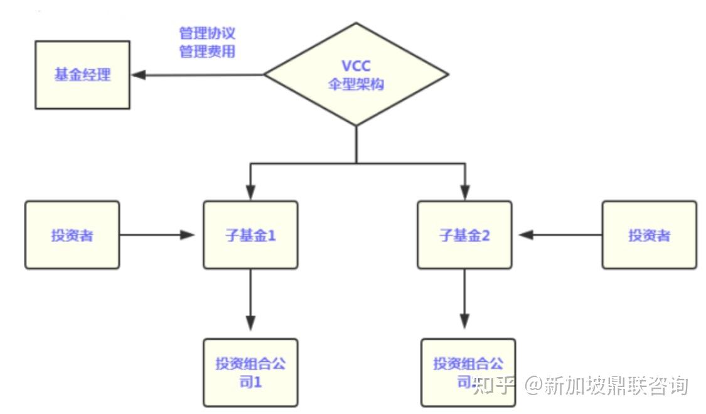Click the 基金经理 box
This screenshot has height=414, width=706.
coord(82,75)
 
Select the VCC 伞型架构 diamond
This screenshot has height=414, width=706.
coord(356,75)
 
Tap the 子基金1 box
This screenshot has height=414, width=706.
coord(250,235)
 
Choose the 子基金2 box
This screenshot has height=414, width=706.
coord(464,235)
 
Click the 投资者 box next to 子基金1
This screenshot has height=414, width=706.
coord(72,235)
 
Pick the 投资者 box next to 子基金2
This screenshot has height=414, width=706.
coord(649,235)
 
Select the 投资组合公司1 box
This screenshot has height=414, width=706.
coord(250,372)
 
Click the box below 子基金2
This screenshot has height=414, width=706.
coord(468,372)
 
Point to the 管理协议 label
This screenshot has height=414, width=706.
coord(207,33)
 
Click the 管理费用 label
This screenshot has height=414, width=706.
coord(207,52)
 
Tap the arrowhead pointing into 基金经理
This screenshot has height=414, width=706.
coord(138,75)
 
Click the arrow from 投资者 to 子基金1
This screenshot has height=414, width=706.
coord(157,235)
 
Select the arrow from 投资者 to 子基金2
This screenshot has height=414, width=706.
coord(559,235)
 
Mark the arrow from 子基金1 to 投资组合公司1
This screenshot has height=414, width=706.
coord(250,302)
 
